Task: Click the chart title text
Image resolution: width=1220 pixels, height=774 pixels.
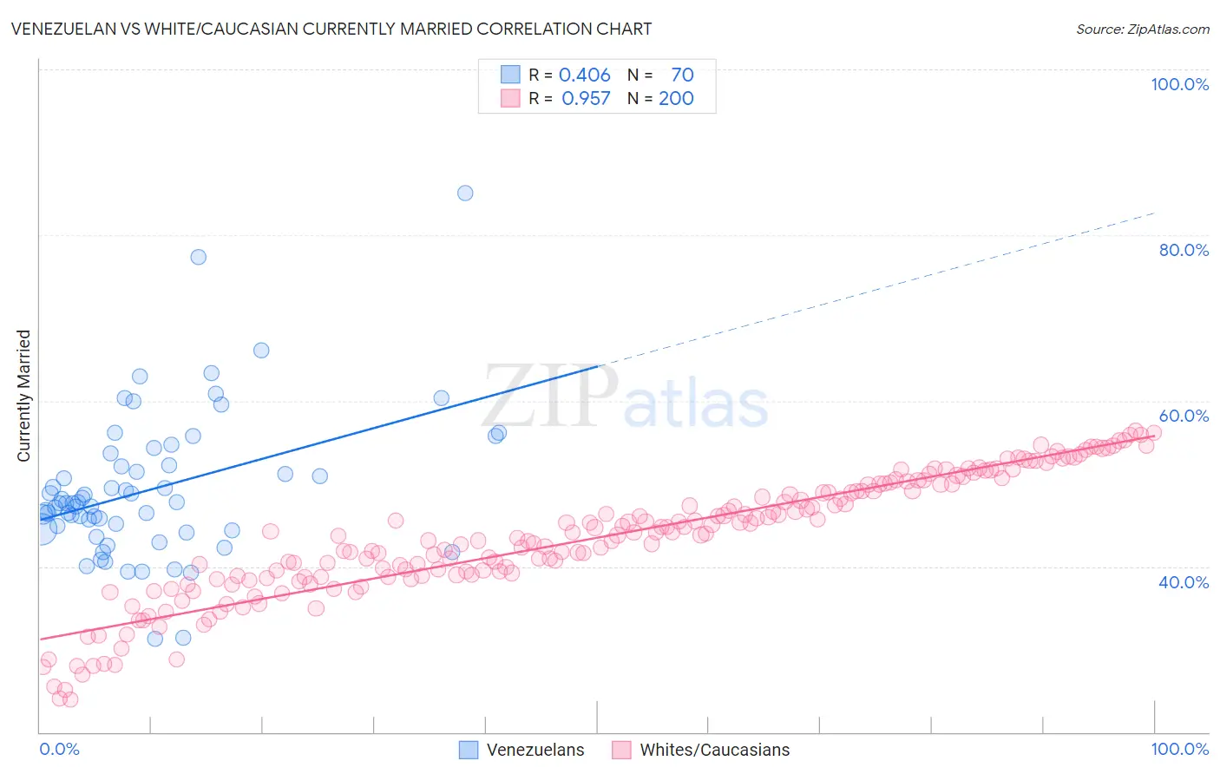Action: point(331,29)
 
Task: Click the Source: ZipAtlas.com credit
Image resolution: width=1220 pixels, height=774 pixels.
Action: point(1142,29)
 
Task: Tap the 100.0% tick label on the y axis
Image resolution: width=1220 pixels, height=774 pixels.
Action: point(1179,84)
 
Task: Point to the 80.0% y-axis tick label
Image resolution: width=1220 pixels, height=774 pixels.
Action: point(1184,250)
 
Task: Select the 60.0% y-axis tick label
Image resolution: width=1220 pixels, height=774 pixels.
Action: point(1184,416)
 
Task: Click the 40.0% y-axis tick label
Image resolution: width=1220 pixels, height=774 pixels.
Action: point(1184,582)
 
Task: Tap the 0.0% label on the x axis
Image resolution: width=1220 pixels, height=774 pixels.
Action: point(59,749)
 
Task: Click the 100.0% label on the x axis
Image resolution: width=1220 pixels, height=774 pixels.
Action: point(1179,749)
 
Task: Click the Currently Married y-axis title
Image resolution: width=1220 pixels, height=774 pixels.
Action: point(23,396)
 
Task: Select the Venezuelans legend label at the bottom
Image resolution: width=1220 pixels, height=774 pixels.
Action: point(535,750)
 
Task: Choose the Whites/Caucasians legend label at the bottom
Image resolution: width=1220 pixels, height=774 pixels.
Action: point(715,750)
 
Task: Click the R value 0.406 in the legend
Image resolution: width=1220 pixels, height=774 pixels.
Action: point(584,75)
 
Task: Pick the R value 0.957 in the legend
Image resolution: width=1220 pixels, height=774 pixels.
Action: point(586,99)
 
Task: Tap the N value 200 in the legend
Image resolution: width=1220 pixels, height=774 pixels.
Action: point(676,99)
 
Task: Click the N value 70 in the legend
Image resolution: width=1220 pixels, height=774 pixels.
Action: point(682,75)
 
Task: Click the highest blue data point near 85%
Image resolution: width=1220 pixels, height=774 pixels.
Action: point(465,193)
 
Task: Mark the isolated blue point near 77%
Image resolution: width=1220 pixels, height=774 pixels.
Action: point(199,257)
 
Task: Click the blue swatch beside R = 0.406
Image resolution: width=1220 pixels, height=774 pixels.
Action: point(510,75)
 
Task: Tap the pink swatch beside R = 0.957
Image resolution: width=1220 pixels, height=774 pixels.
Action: point(510,98)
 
